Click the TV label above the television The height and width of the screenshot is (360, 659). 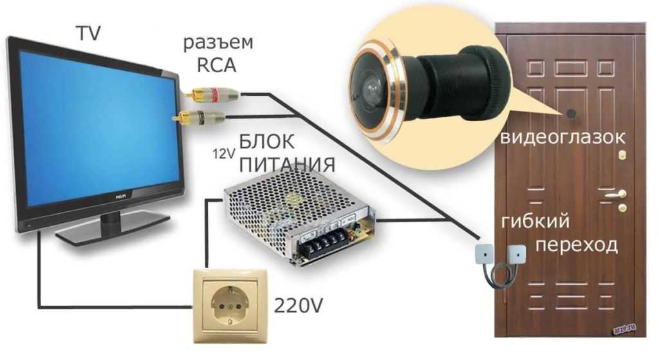tap(88, 33)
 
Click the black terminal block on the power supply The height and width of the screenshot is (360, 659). tap(321, 245)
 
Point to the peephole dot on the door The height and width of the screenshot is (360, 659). tap(571, 114)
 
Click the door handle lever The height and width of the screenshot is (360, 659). tap(615, 193)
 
